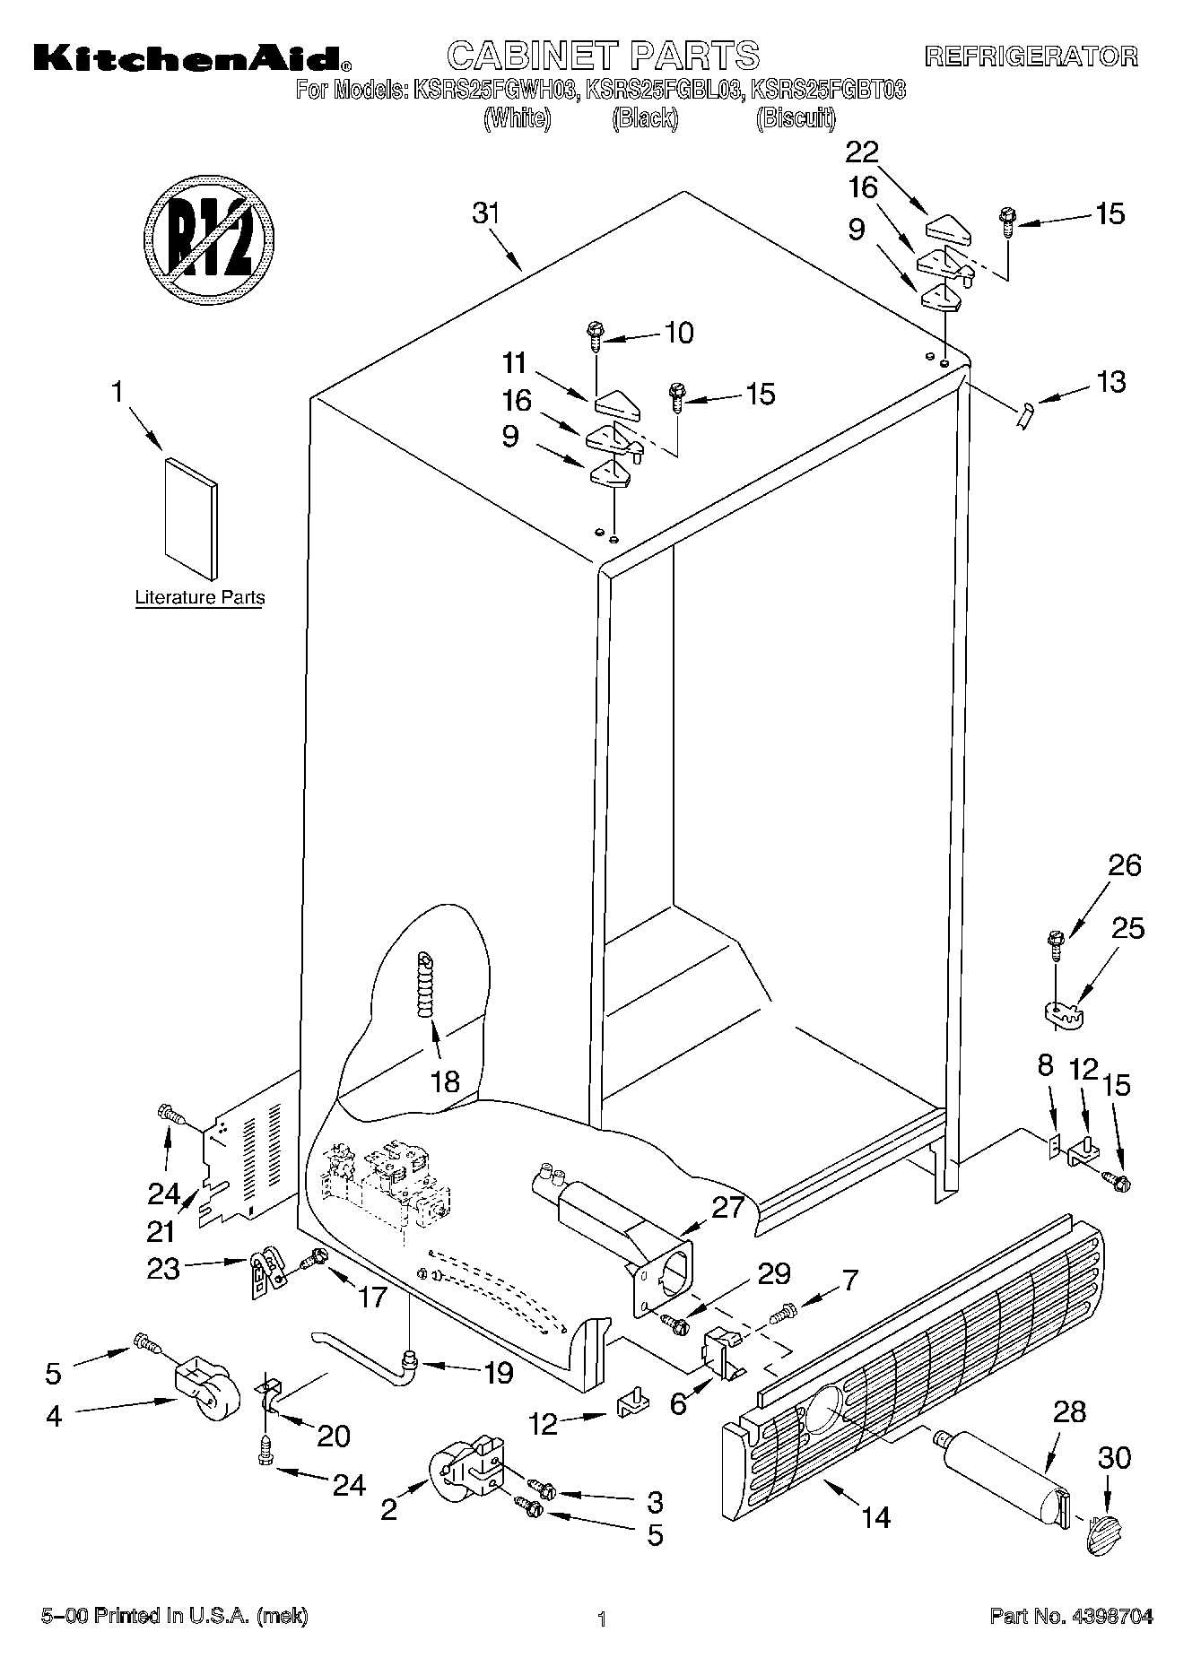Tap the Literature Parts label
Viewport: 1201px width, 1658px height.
pyautogui.click(x=199, y=597)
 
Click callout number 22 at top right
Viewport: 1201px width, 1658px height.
pyautogui.click(x=862, y=152)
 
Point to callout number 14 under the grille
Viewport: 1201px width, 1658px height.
pyautogui.click(x=875, y=1517)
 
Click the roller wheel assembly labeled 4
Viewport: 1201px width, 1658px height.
pyautogui.click(x=203, y=1391)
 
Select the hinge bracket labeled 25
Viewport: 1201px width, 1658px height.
pyautogui.click(x=1064, y=1011)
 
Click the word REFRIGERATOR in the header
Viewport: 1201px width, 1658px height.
pyautogui.click(x=1031, y=57)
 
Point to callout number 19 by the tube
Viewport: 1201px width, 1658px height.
pyautogui.click(x=499, y=1373)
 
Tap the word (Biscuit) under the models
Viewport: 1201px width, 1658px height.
pyautogui.click(x=796, y=118)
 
